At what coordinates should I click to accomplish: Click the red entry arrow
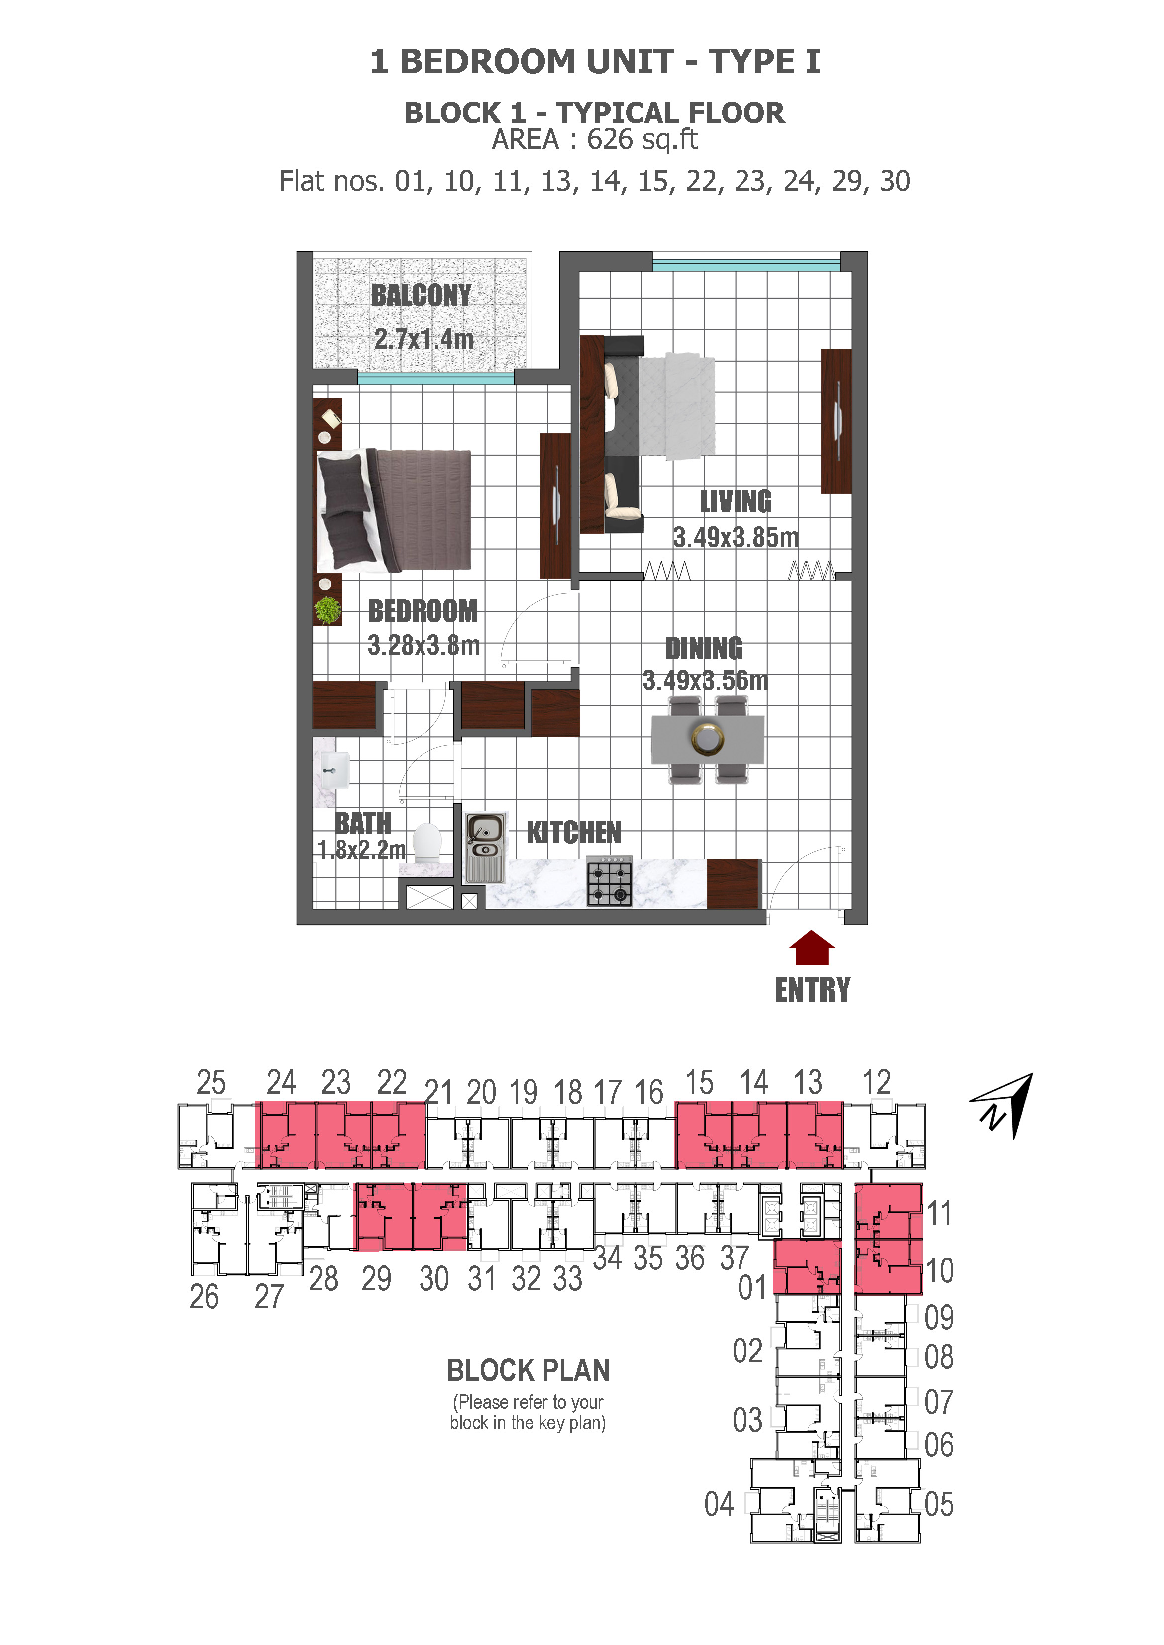811,949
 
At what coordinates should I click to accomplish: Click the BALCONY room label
421,295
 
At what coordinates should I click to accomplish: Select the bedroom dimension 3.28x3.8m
423,646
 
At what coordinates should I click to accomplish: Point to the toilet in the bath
427,842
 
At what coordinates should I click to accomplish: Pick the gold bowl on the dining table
708,738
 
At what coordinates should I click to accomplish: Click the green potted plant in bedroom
327,610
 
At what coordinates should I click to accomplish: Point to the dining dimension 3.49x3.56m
705,680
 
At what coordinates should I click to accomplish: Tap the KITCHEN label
573,833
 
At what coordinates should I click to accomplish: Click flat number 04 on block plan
719,1505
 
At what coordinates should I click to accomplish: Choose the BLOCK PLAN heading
528,1370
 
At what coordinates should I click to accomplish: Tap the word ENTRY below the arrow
812,990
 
